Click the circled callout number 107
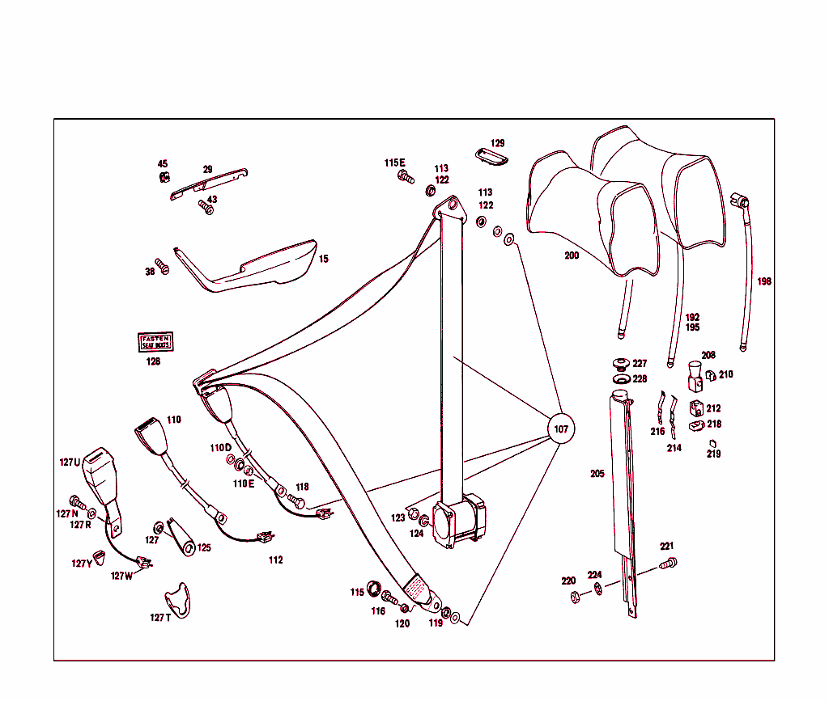pyautogui.click(x=560, y=429)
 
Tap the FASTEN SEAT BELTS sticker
pyautogui.click(x=156, y=342)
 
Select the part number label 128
pyautogui.click(x=153, y=361)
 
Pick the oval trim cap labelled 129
pyautogui.click(x=491, y=156)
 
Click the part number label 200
pyautogui.click(x=572, y=255)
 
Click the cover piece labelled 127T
pyautogui.click(x=179, y=599)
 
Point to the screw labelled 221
pyautogui.click(x=668, y=564)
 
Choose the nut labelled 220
pyautogui.click(x=575, y=598)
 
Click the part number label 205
pyautogui.click(x=597, y=474)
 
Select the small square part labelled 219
pyautogui.click(x=712, y=442)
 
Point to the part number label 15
pyautogui.click(x=323, y=260)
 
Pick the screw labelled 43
pyautogui.click(x=206, y=209)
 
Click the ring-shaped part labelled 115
pyautogui.click(x=375, y=586)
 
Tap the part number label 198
pyautogui.click(x=764, y=281)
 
